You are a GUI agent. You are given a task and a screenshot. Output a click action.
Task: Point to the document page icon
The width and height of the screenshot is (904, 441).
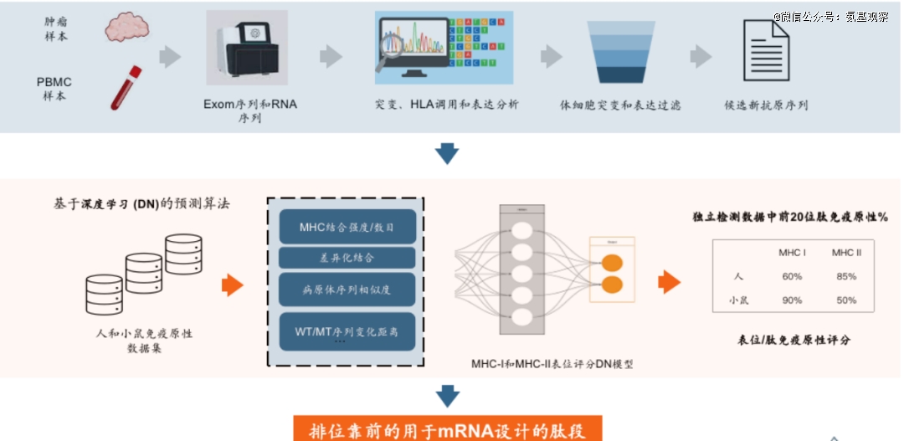[x=765, y=51]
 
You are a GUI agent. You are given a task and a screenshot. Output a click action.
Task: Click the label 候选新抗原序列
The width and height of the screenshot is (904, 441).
[x=766, y=106]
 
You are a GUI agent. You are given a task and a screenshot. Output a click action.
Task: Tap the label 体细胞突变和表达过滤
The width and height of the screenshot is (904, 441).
[x=620, y=106]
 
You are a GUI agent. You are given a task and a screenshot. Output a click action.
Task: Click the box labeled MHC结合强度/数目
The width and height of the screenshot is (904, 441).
[x=347, y=227]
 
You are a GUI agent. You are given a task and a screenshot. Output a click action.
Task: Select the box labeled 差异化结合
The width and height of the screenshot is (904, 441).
[x=347, y=258]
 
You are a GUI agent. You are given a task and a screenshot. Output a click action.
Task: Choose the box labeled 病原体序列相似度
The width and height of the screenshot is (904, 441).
[x=347, y=290]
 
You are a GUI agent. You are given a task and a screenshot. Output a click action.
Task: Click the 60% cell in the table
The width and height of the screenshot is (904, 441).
[x=791, y=277]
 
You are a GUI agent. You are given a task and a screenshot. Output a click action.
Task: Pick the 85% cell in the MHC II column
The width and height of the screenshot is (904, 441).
[x=846, y=277]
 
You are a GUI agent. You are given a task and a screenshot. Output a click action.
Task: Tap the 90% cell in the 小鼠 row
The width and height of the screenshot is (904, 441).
[x=791, y=300]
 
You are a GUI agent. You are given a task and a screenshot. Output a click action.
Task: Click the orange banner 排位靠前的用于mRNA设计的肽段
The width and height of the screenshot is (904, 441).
[x=448, y=430]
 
